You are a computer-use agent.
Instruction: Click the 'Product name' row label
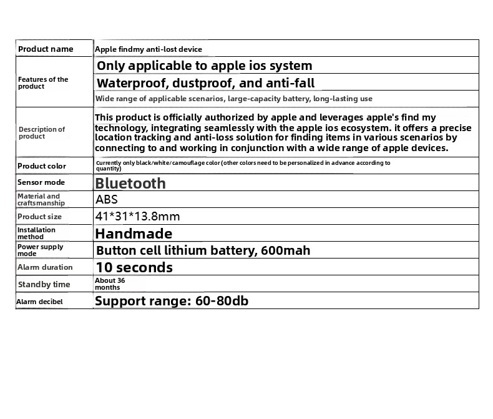(46, 49)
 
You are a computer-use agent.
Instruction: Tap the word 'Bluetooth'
(130, 183)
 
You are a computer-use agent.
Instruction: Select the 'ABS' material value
(107, 200)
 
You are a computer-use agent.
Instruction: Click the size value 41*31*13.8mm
(137, 217)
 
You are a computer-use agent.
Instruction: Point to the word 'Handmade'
(134, 234)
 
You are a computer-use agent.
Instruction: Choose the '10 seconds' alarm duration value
(134, 267)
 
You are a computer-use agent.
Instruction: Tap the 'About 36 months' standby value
(110, 284)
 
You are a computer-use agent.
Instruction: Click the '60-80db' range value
(222, 301)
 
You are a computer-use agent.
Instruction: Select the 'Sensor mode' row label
(41, 182)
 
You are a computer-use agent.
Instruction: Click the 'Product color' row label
(42, 166)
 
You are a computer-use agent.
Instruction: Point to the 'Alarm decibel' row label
(40, 302)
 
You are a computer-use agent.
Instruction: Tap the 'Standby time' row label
(44, 285)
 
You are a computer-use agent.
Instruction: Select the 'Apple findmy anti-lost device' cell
(149, 49)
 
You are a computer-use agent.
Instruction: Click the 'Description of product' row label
(41, 133)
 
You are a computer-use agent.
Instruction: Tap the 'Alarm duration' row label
(45, 267)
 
